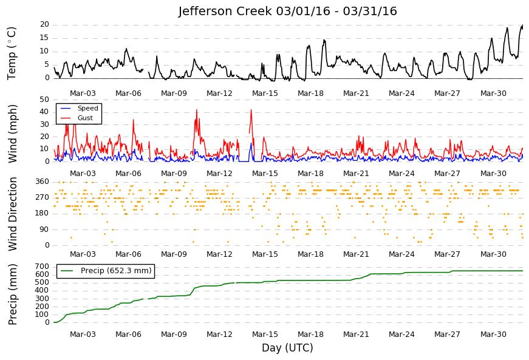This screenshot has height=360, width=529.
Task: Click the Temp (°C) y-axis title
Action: (12, 53)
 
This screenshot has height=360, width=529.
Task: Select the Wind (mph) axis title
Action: (12, 134)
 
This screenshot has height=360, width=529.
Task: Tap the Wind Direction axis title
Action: (12, 214)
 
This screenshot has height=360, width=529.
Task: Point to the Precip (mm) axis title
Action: (12, 294)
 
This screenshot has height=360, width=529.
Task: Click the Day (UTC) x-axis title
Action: (287, 347)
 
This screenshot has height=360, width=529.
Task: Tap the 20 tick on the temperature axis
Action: (44, 25)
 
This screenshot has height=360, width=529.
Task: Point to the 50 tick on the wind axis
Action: (44, 100)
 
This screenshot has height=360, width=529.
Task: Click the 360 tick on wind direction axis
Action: (43, 182)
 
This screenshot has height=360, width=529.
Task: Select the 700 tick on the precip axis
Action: (43, 267)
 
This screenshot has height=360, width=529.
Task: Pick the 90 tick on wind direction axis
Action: (44, 229)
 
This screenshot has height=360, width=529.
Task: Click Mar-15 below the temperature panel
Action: (265, 93)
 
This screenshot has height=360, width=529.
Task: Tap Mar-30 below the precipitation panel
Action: (493, 335)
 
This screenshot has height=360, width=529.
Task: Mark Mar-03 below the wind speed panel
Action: (83, 174)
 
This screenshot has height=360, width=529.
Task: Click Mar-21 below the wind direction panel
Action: (356, 254)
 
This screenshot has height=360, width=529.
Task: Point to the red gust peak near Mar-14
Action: (251, 109)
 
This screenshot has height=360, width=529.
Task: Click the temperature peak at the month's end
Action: (522, 25)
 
